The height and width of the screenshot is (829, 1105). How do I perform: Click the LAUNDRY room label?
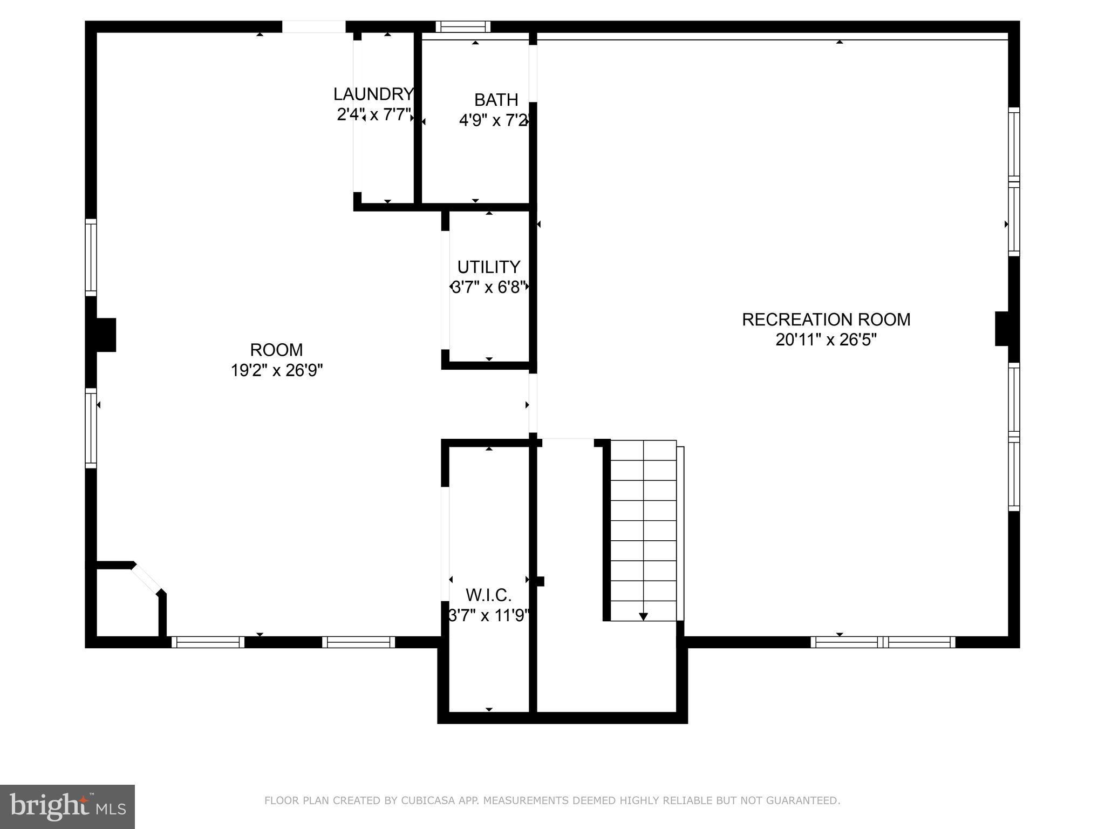click(373, 94)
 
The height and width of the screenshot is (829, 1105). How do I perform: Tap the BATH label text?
click(496, 100)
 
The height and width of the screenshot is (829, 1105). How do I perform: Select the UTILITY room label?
click(489, 267)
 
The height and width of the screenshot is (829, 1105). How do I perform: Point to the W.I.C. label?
click(488, 595)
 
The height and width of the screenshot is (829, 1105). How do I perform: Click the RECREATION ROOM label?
click(826, 320)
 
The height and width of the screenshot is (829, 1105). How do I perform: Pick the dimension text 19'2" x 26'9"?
click(277, 371)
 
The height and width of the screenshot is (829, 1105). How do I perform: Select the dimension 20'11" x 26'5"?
click(826, 340)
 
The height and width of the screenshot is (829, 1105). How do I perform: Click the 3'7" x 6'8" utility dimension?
click(489, 287)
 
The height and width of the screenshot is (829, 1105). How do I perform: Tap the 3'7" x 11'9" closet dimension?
click(489, 615)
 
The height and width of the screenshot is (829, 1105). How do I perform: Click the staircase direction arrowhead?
click(643, 616)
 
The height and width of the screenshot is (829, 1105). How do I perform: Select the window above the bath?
click(463, 26)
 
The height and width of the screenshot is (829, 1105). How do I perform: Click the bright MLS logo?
click(67, 806)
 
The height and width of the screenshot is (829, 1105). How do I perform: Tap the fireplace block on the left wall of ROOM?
click(106, 335)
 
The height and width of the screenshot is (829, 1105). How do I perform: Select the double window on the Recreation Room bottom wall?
click(883, 642)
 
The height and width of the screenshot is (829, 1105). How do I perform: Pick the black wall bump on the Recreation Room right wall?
click(1002, 329)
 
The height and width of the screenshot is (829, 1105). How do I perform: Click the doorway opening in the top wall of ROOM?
click(313, 26)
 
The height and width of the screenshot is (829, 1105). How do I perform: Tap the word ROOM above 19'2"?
click(276, 350)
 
